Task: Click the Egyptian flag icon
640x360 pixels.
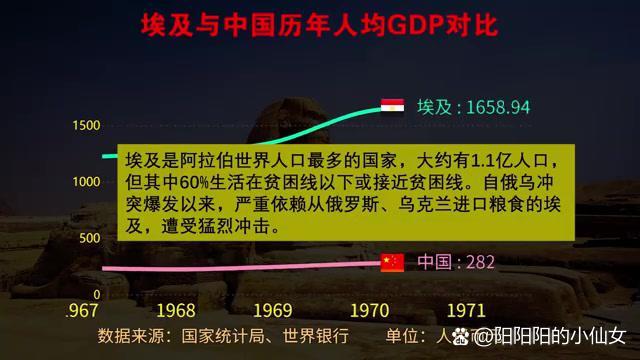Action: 392,105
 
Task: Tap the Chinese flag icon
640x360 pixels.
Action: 392,263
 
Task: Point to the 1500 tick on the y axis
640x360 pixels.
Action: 85,125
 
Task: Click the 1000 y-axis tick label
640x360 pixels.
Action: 85,182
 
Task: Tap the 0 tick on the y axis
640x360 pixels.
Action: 96,295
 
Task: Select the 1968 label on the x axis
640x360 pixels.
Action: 175,310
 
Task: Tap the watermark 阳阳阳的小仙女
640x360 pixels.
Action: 561,337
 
